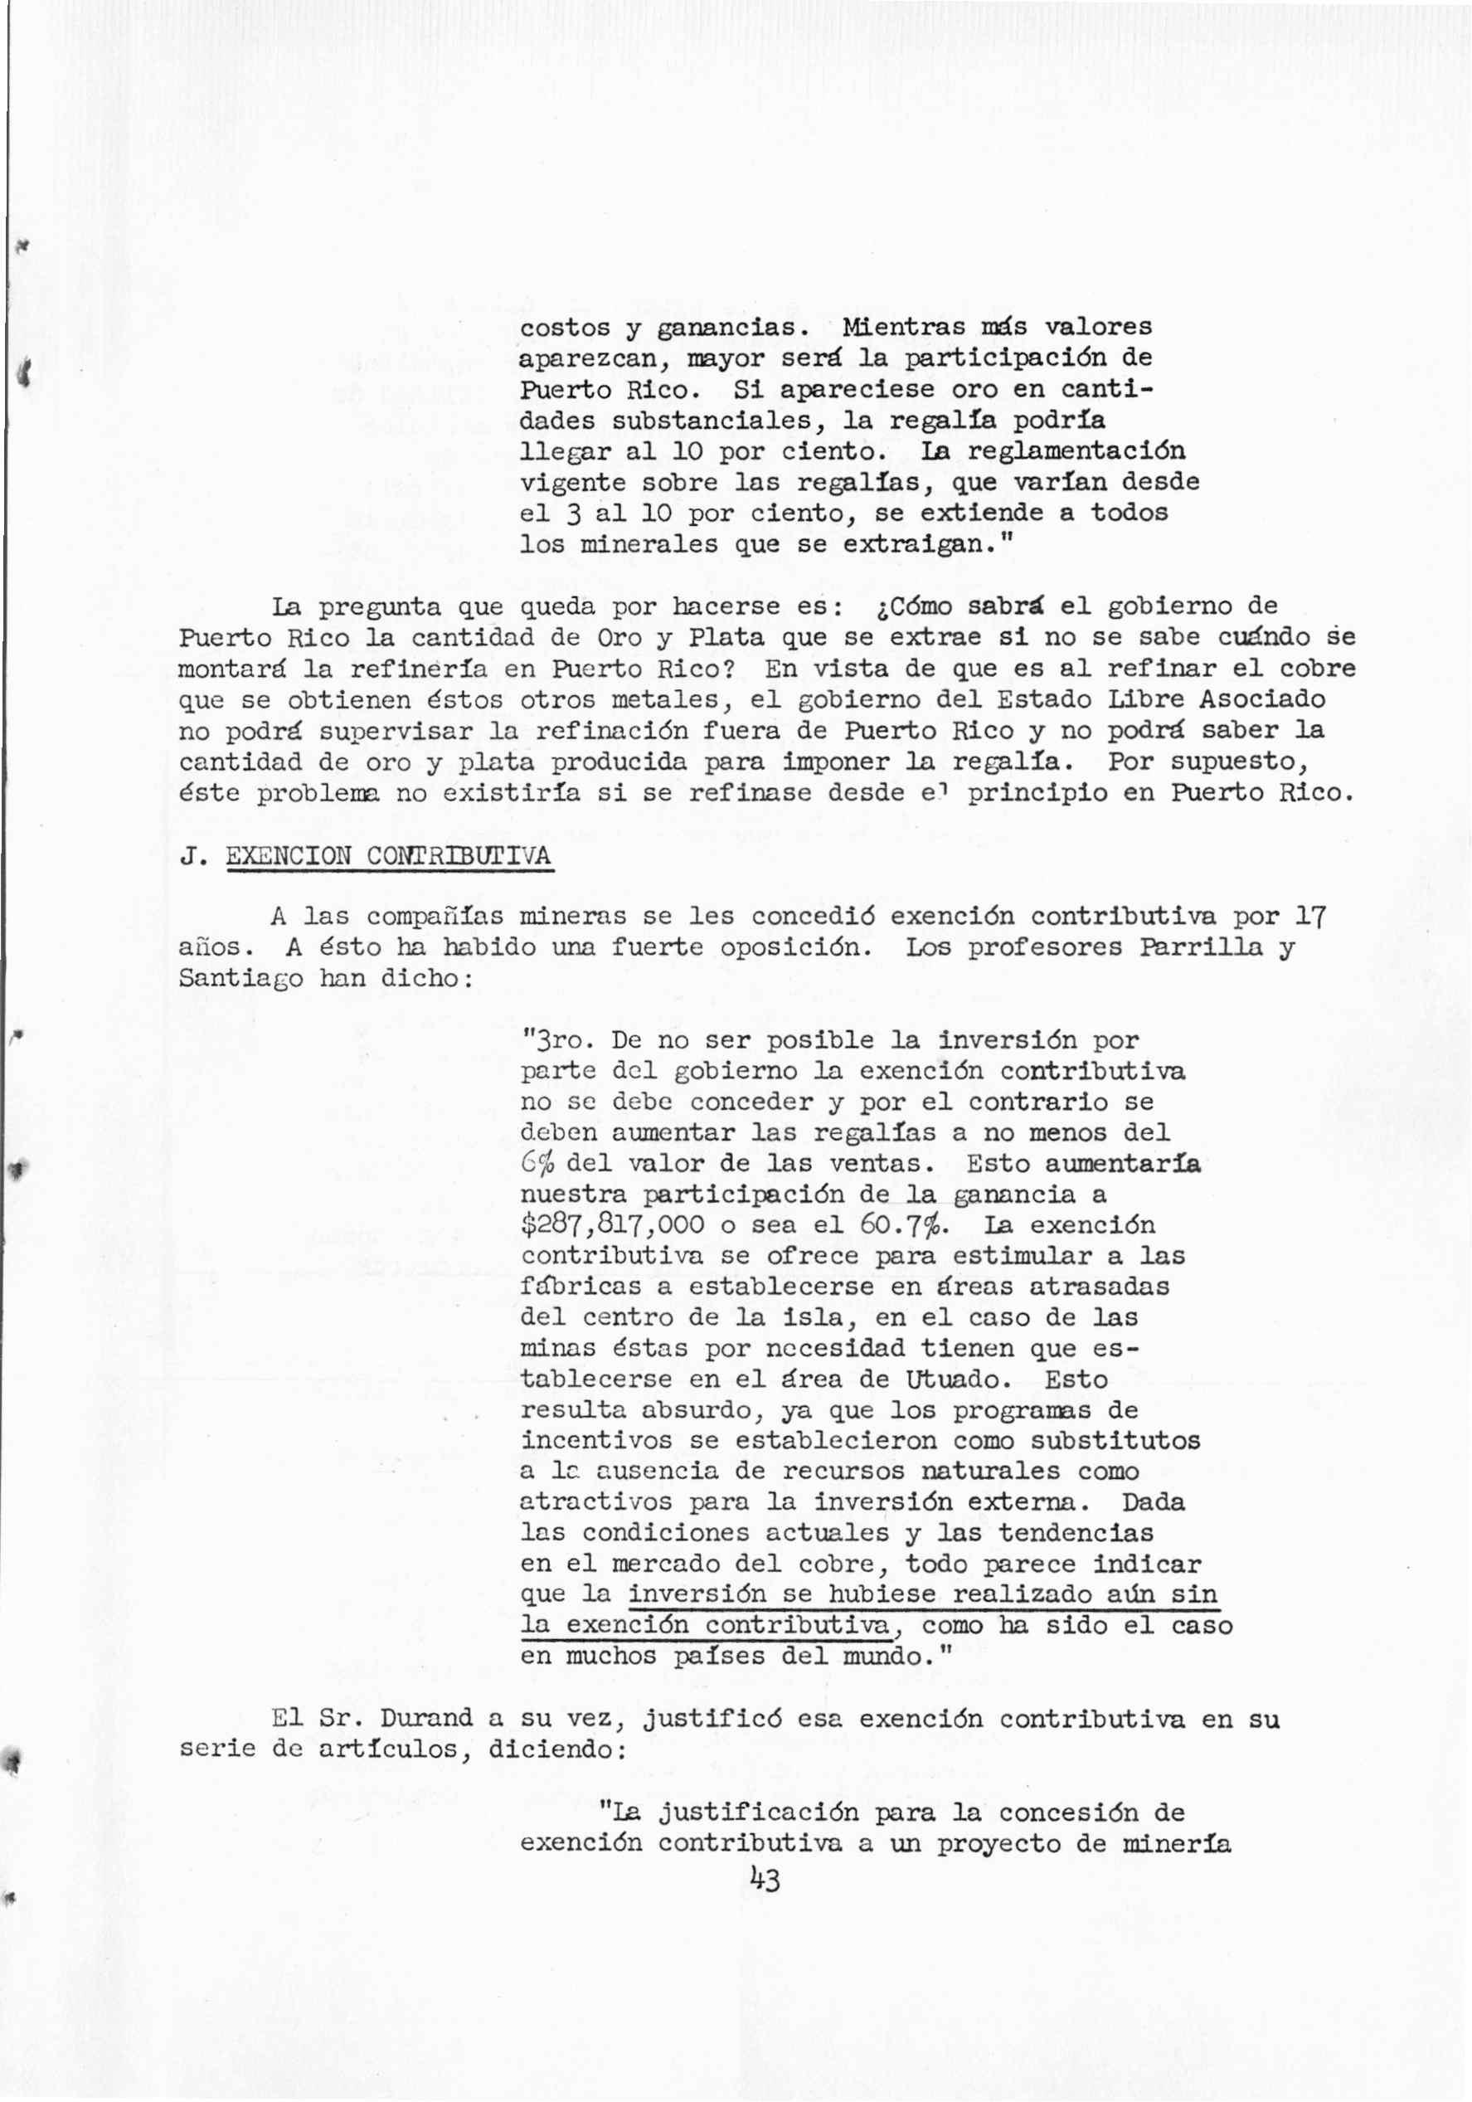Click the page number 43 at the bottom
coord(765,1881)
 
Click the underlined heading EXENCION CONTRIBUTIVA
coord(389,856)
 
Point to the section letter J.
coord(192,856)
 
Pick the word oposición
coord(796,946)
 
